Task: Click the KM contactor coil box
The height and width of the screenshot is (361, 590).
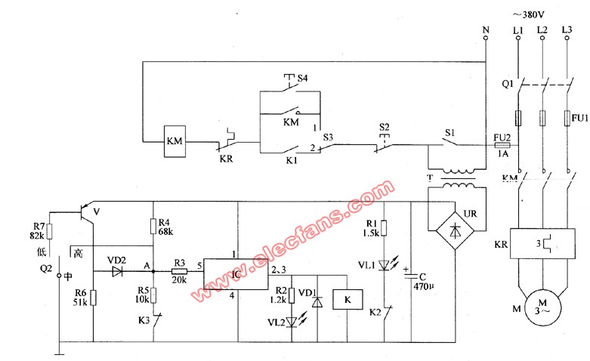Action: click(x=175, y=141)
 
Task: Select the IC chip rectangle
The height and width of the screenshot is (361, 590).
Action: click(x=236, y=274)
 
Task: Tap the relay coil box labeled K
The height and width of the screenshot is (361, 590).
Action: click(x=348, y=299)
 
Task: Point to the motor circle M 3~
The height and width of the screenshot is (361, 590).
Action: click(x=542, y=307)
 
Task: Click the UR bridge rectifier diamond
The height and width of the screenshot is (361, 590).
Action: click(x=456, y=230)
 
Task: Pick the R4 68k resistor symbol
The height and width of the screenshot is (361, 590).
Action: click(x=153, y=227)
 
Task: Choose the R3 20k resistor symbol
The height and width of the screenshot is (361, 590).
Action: click(x=180, y=271)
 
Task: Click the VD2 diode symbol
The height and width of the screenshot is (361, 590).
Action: click(x=117, y=271)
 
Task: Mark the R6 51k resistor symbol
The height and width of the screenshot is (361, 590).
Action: click(x=93, y=298)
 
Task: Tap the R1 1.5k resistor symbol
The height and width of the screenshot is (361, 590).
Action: click(x=384, y=228)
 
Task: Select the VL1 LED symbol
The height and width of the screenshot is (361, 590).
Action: click(x=385, y=264)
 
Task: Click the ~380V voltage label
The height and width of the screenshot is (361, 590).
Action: click(x=528, y=15)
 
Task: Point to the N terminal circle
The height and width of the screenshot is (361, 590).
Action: click(x=486, y=38)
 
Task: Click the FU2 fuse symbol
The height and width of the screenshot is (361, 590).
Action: click(x=502, y=146)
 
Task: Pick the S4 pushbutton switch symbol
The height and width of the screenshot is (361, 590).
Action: click(x=289, y=84)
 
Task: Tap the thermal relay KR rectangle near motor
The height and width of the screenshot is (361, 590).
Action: click(x=542, y=244)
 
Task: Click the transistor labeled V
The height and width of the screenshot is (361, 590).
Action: click(x=86, y=213)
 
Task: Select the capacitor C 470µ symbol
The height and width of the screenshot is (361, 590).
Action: click(x=411, y=276)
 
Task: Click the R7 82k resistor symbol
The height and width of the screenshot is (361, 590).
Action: click(x=49, y=231)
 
